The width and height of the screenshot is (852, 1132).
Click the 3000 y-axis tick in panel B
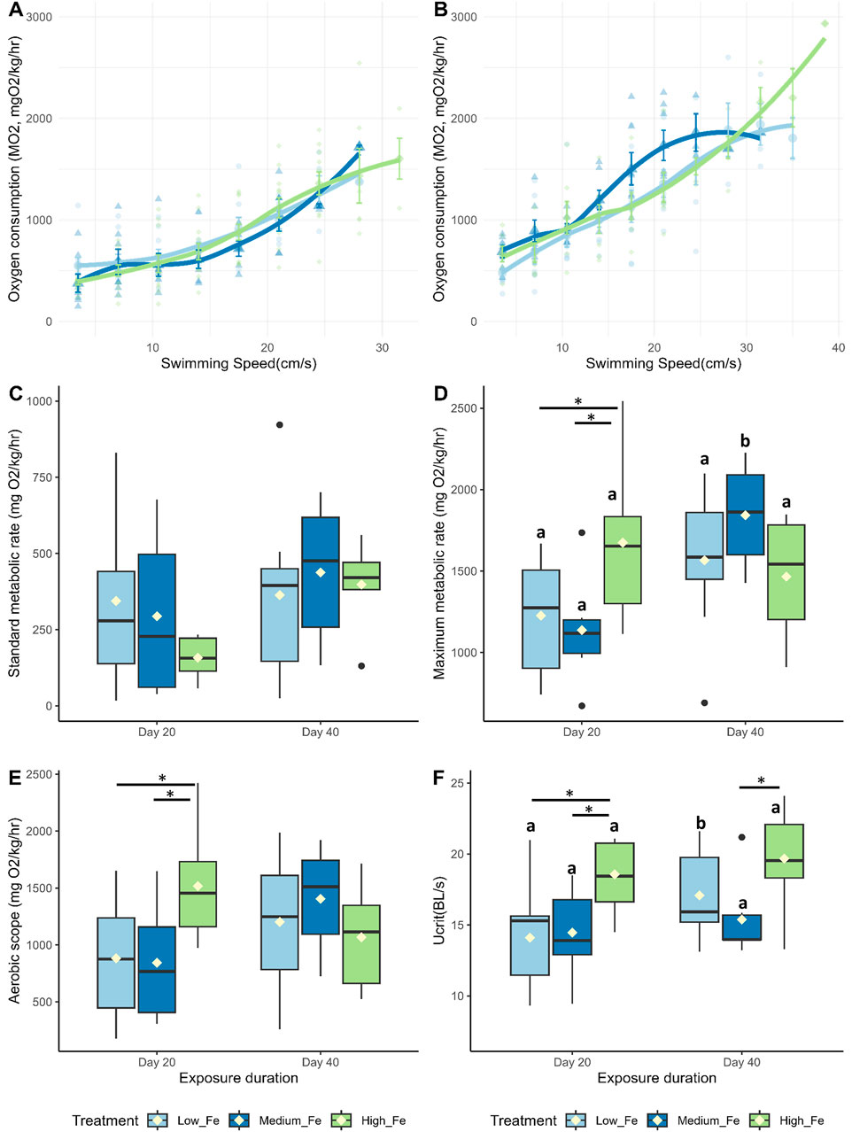pyautogui.click(x=464, y=17)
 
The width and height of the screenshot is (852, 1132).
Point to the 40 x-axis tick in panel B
pyautogui.click(x=838, y=348)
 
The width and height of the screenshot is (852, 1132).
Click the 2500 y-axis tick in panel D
pyautogui.click(x=462, y=408)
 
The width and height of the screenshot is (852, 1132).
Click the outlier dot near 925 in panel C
pyautogui.click(x=280, y=425)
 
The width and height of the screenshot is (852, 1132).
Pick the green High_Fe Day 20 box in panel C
pyautogui.click(x=198, y=654)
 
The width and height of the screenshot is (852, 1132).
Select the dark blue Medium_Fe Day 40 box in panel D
pyautogui.click(x=745, y=515)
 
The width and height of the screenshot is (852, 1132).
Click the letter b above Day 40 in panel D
pyautogui.click(x=745, y=441)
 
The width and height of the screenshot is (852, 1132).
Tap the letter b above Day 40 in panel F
pyautogui.click(x=701, y=825)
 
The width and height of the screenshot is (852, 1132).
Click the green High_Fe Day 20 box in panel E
pyautogui.click(x=198, y=894)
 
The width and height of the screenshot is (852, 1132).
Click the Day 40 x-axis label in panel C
pyautogui.click(x=320, y=733)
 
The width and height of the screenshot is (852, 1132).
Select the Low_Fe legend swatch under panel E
pyautogui.click(x=158, y=1120)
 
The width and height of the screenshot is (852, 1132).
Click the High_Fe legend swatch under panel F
pyautogui.click(x=760, y=1120)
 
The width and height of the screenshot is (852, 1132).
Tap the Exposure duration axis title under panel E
pyautogui.click(x=238, y=1078)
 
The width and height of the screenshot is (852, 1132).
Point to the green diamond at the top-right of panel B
pyautogui.click(x=824, y=24)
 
